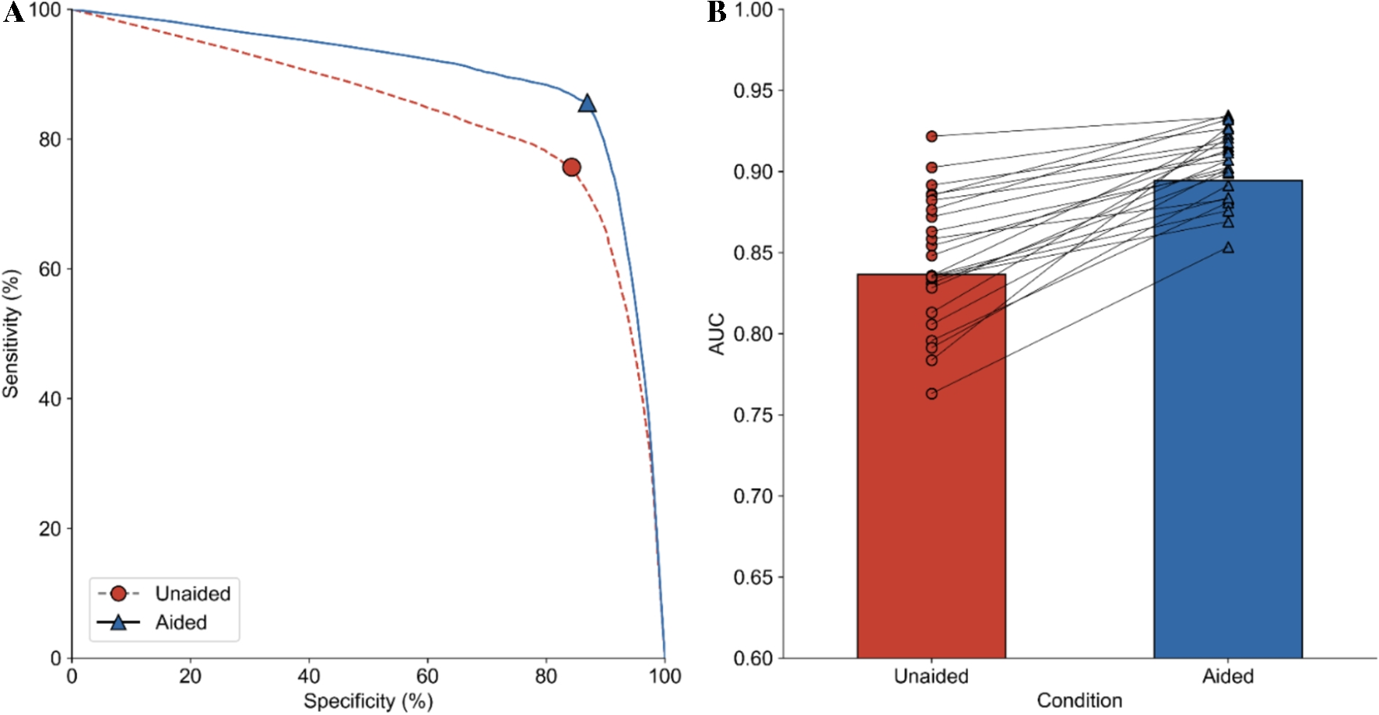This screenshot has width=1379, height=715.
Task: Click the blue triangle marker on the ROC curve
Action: [588, 103]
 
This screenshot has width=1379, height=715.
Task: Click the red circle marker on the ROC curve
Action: [572, 167]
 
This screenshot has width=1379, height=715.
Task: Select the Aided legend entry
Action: [181, 622]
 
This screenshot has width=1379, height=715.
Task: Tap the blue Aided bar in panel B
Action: [1227, 467]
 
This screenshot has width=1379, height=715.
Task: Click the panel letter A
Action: [12, 12]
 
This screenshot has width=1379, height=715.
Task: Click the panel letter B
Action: [716, 12]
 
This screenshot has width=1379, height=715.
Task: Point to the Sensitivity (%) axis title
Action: [11, 334]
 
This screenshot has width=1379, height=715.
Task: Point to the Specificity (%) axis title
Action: [367, 701]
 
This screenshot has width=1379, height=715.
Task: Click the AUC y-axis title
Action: [717, 334]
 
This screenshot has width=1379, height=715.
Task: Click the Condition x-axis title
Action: [1079, 700]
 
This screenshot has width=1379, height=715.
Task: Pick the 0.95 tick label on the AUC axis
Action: [753, 91]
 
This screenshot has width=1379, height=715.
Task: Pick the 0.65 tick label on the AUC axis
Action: [753, 577]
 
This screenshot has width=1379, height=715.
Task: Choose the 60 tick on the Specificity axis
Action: [427, 676]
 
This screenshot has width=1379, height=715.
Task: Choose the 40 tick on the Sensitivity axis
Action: [50, 398]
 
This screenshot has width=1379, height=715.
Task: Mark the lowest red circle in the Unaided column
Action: [932, 394]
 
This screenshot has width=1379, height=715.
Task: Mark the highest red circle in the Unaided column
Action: [932, 136]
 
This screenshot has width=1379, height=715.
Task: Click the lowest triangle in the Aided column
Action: [1228, 247]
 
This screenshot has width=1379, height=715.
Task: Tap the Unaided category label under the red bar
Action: [931, 676]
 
